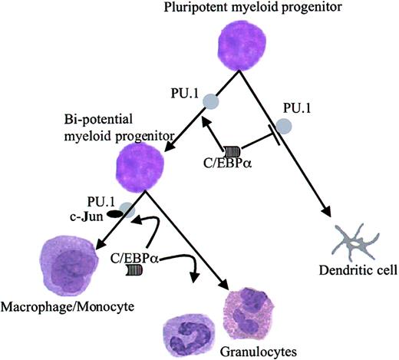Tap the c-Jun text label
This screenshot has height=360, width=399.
click(x=84, y=214)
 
